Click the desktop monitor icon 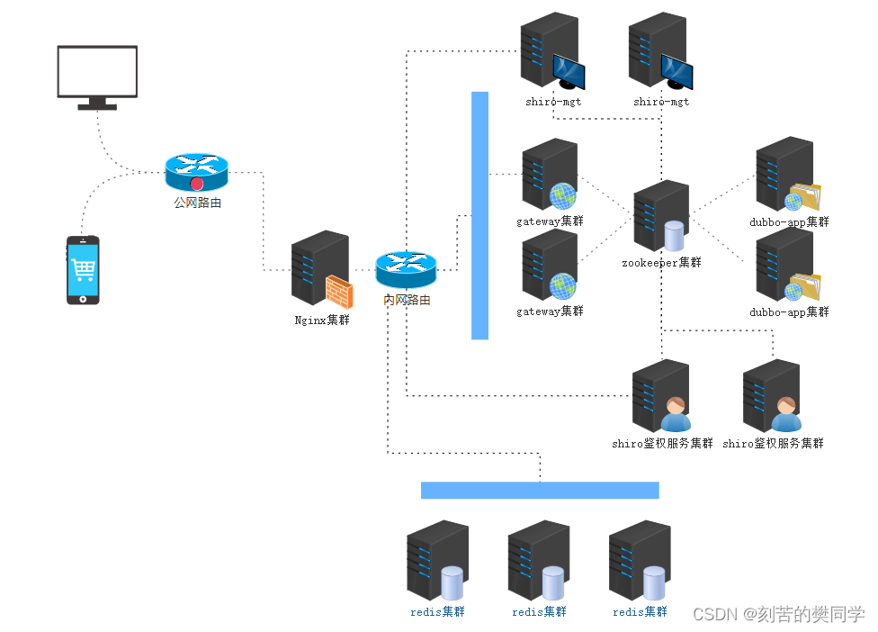[97, 72]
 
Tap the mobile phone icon [83, 269]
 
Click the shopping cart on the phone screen [83, 267]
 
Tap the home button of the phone [83, 298]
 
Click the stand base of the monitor [97, 106]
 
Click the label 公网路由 [197, 203]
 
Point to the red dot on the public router [197, 184]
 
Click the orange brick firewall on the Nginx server [338, 293]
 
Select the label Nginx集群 [322, 320]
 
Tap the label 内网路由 [407, 300]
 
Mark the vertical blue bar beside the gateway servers [479, 215]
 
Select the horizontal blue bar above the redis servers [540, 490]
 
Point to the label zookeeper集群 [660, 263]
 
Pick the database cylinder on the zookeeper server [674, 236]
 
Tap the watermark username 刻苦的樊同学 [810, 614]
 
